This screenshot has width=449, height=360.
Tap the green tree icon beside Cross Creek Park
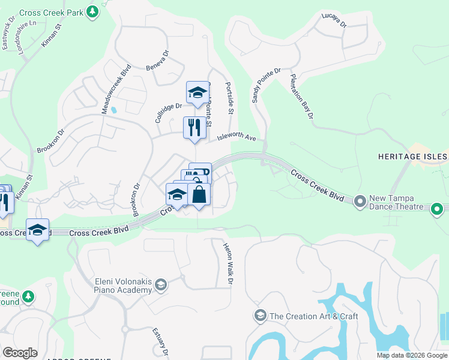point(92,11)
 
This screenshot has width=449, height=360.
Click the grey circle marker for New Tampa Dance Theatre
point(360,202)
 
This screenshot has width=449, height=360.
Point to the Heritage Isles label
point(412,157)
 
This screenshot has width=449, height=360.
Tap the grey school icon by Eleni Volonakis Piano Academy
point(160,284)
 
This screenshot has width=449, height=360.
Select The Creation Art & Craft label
point(313,316)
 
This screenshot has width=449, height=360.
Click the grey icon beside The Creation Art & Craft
point(260,316)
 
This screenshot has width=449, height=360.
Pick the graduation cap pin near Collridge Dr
point(196,92)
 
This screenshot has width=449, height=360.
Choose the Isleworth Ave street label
point(237,137)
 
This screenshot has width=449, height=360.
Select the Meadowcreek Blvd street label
point(116,89)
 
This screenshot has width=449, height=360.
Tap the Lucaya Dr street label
point(334,20)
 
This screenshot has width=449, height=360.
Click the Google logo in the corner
point(20,352)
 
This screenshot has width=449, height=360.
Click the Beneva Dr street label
point(157,60)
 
